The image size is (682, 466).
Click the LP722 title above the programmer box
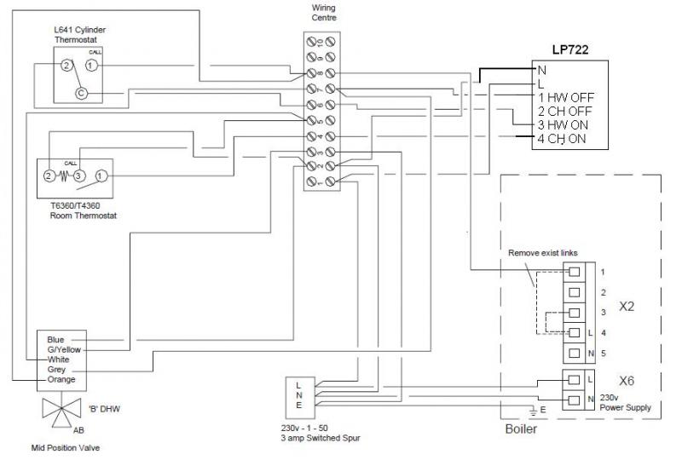click(x=569, y=51)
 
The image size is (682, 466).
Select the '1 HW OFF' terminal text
click(x=565, y=98)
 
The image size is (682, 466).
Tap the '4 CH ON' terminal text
click(x=562, y=139)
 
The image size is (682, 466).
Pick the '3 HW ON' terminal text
click(x=564, y=125)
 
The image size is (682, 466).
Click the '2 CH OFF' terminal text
click(x=564, y=112)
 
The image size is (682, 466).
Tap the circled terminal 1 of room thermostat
click(x=101, y=175)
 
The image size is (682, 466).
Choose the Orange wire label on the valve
click(x=62, y=379)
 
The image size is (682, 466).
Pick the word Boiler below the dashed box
click(x=523, y=430)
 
